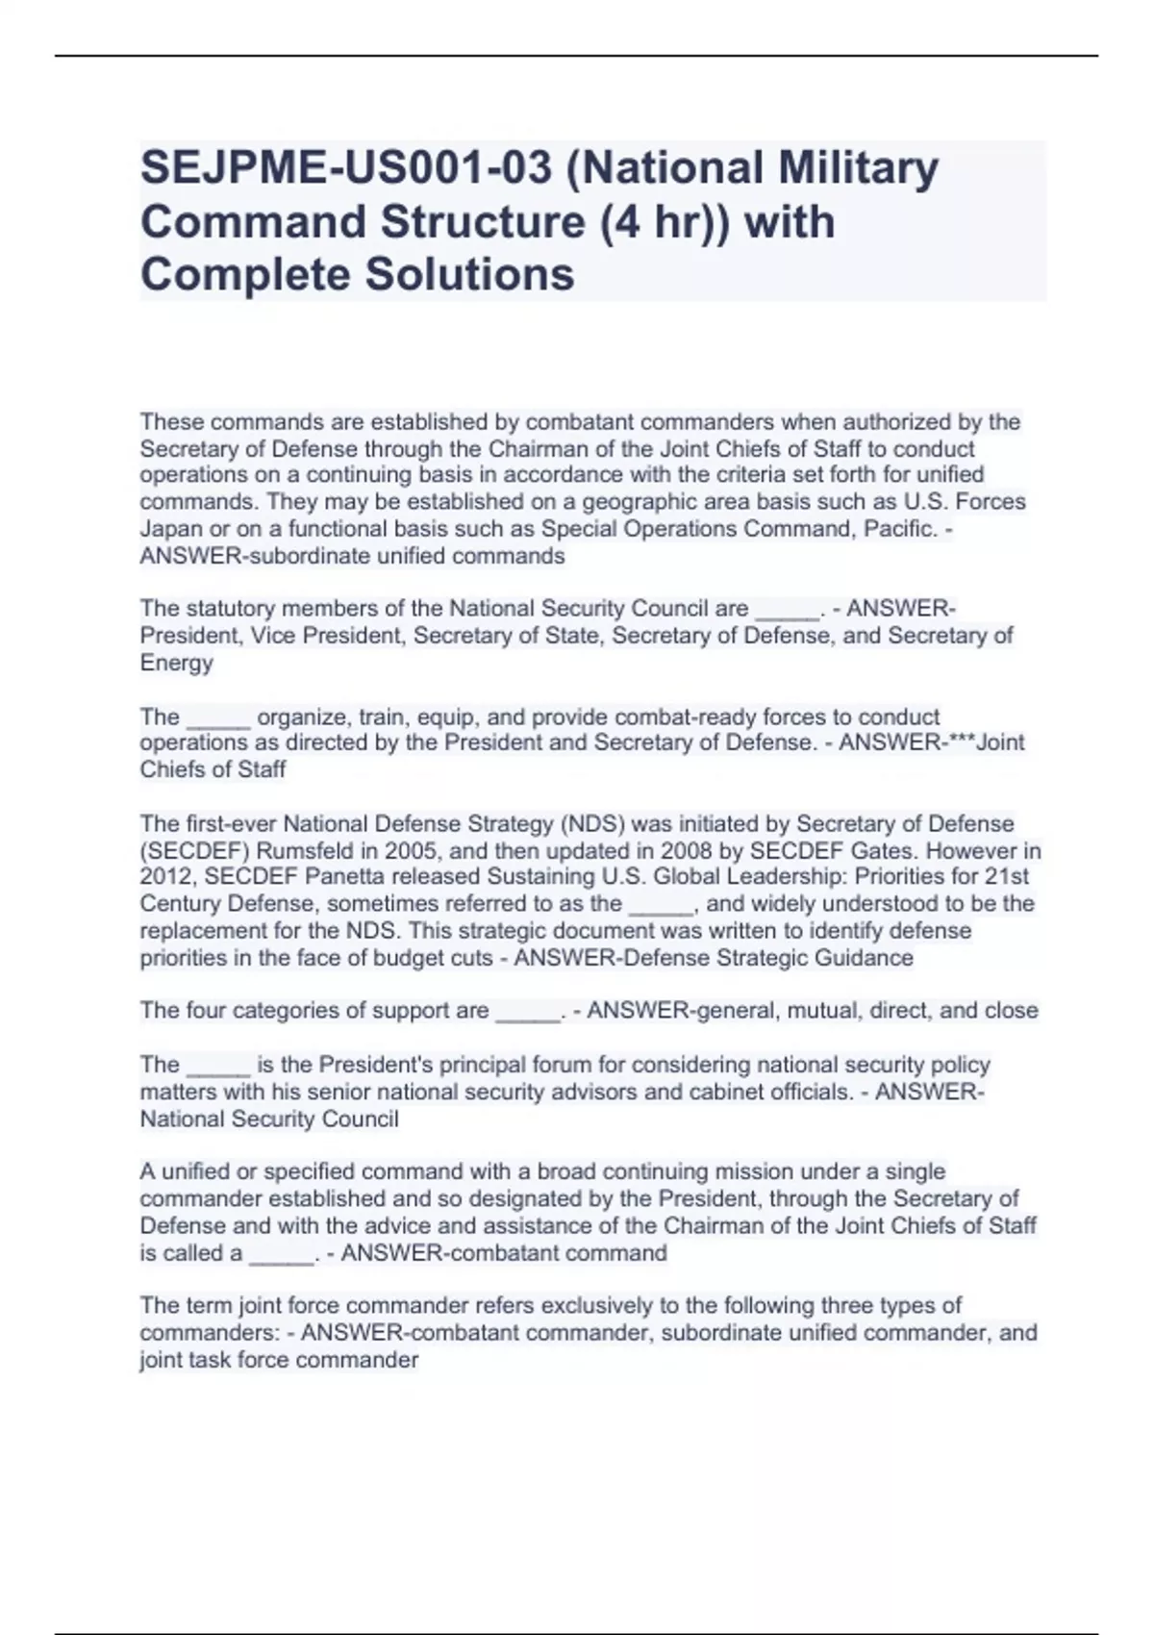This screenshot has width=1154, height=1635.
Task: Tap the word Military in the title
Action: (858, 168)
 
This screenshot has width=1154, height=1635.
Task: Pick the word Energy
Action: (177, 663)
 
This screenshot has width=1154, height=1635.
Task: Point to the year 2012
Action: (166, 877)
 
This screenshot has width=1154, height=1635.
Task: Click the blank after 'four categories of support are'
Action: (528, 1013)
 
